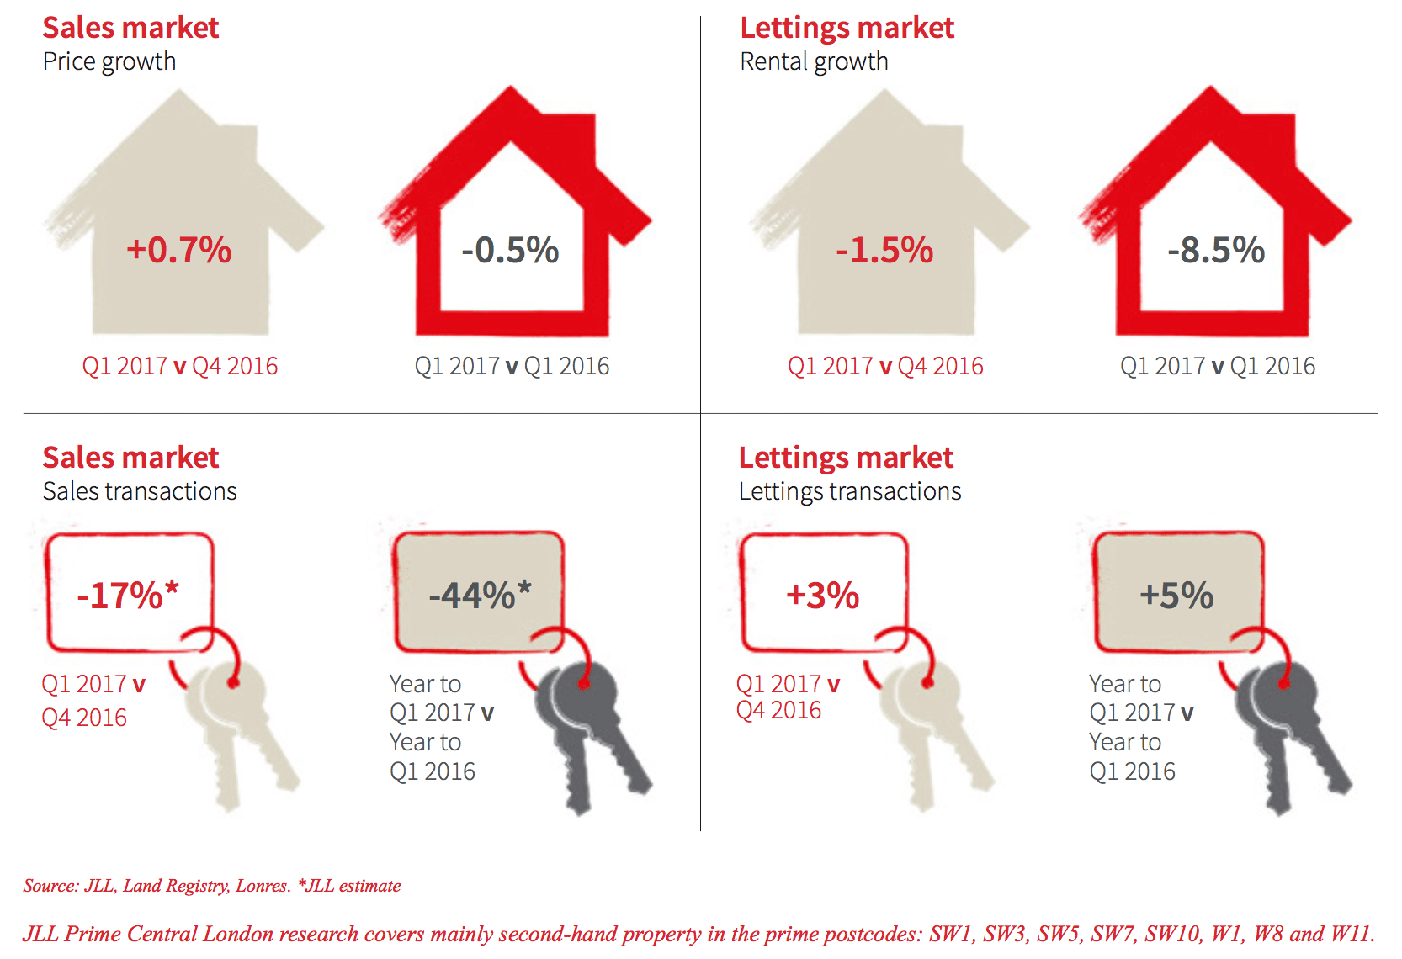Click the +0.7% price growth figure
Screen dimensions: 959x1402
point(178,250)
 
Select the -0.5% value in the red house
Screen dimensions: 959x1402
point(510,250)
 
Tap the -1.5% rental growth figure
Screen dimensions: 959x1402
point(884,250)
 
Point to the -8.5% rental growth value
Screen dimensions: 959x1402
point(1216,250)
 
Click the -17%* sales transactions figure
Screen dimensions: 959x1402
point(128,596)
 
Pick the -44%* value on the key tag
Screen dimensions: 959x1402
point(480,596)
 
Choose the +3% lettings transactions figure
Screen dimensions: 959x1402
point(822,596)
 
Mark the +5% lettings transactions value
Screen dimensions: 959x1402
point(1176,596)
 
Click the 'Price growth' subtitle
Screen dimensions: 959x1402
point(109,61)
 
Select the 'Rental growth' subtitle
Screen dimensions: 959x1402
point(814,61)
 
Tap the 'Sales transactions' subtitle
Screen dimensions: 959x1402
point(140,491)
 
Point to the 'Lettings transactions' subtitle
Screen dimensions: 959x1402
point(850,491)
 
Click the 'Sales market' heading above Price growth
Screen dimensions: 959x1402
point(130,28)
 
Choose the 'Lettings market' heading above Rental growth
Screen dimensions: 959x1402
point(847,28)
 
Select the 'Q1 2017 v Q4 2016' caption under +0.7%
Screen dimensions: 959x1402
point(179,366)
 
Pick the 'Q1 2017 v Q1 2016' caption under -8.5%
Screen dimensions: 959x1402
point(1217,366)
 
